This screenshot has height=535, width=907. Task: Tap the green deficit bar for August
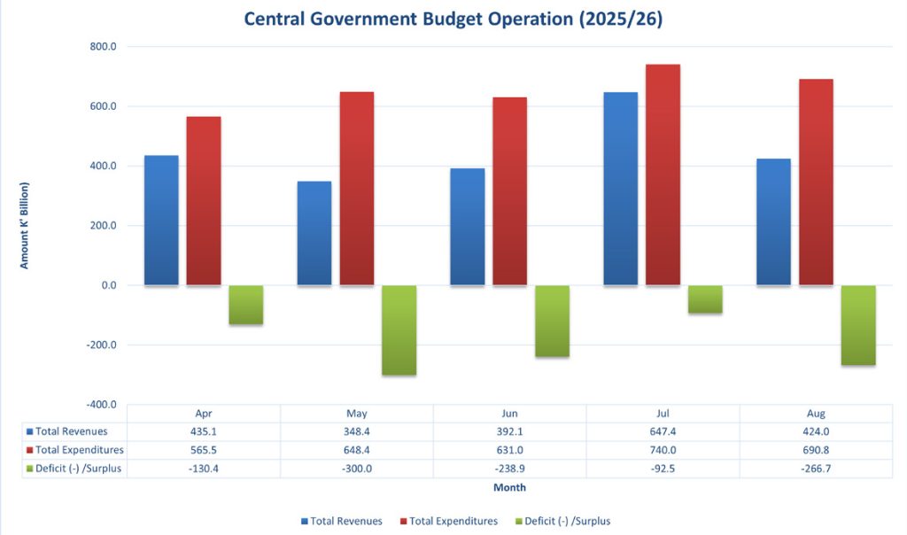(857, 325)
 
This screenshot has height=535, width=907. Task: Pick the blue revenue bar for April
(161, 221)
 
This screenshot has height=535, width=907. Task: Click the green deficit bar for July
(705, 299)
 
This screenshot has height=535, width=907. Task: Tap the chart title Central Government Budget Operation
(453, 19)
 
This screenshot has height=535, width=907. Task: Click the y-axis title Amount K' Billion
(25, 225)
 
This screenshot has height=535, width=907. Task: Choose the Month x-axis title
(509, 487)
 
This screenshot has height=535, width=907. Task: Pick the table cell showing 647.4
(663, 431)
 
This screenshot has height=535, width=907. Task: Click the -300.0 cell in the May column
(357, 469)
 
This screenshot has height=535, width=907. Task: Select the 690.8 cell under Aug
(816, 450)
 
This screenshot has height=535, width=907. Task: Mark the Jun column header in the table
(509, 414)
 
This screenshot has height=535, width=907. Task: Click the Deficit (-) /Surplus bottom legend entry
(568, 521)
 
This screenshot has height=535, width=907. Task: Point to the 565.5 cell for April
(204, 450)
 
